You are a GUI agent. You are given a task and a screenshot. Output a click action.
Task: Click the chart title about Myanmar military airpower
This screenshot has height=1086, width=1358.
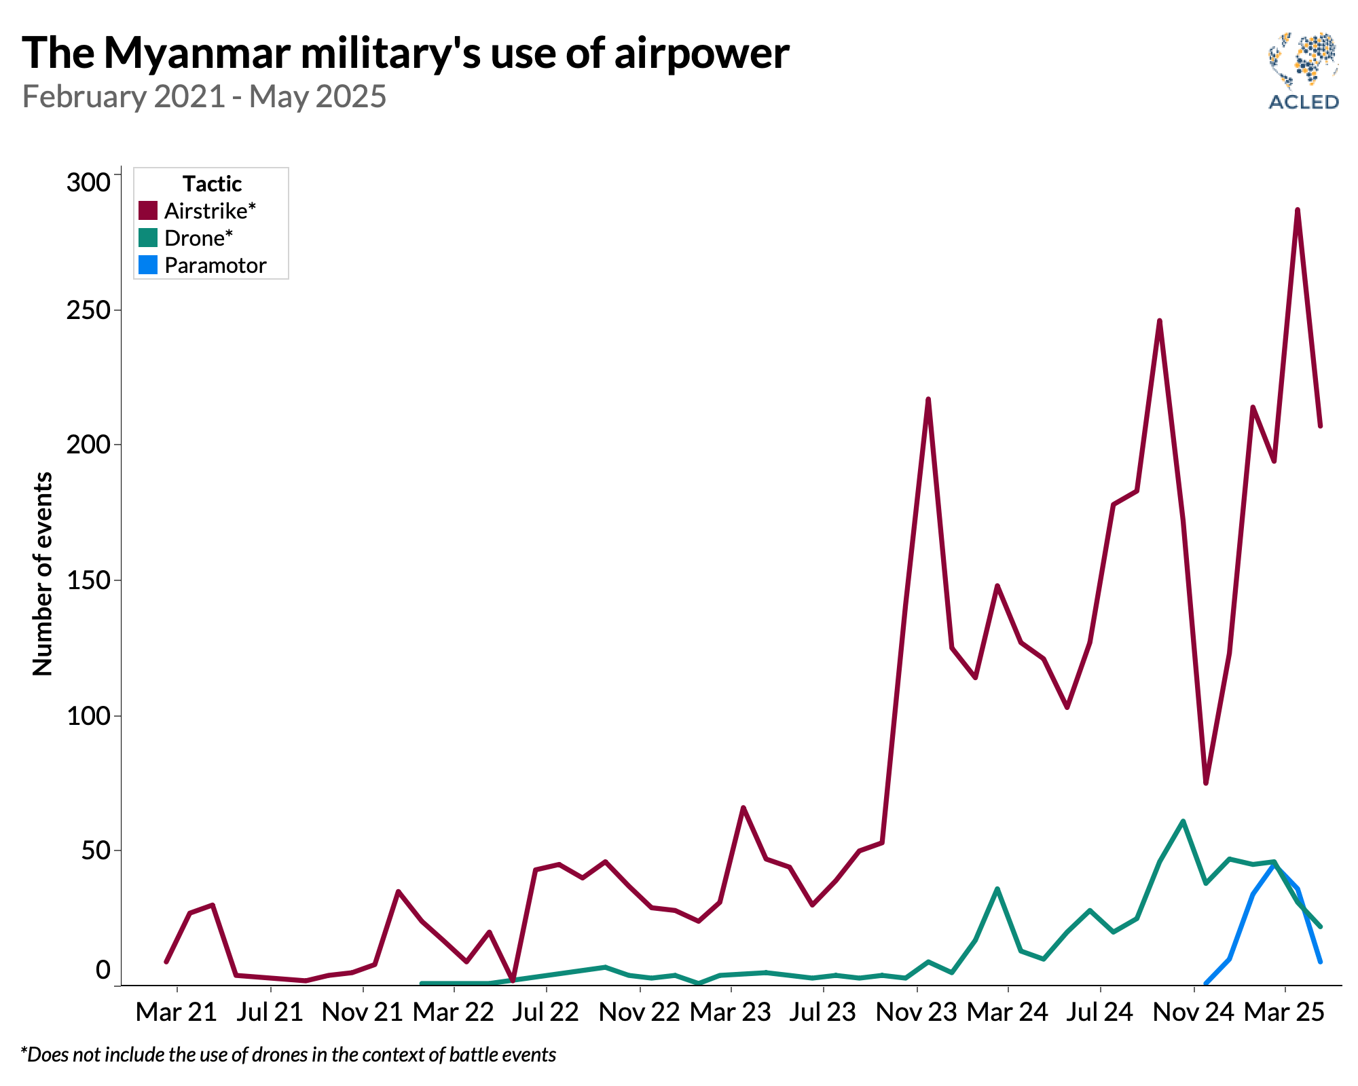pyautogui.click(x=405, y=53)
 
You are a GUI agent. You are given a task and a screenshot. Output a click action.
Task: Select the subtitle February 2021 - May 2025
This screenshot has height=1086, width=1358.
pyautogui.click(x=204, y=96)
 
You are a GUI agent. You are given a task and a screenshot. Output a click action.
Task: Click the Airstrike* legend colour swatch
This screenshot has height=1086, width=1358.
pyautogui.click(x=147, y=210)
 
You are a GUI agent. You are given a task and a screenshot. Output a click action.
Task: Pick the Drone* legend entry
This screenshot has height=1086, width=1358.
pyautogui.click(x=198, y=238)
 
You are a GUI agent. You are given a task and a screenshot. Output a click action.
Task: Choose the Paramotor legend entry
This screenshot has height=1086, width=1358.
pyautogui.click(x=215, y=265)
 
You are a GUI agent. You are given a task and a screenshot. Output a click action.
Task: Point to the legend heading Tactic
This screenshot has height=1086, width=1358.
pyautogui.click(x=212, y=183)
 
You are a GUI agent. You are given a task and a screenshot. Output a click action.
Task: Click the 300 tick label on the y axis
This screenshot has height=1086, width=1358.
pyautogui.click(x=88, y=182)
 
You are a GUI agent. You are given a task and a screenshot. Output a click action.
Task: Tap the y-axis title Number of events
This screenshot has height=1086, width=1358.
pyautogui.click(x=42, y=574)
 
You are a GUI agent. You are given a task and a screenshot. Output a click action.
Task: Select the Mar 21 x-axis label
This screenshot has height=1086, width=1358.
pyautogui.click(x=176, y=1012)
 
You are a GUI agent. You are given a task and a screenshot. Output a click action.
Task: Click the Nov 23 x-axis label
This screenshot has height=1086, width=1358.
pyautogui.click(x=916, y=1012)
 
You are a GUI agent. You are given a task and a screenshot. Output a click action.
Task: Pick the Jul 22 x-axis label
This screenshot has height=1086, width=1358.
pyautogui.click(x=545, y=1012)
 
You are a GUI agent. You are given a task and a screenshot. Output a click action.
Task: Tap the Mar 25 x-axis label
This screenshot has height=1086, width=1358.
pyautogui.click(x=1283, y=1012)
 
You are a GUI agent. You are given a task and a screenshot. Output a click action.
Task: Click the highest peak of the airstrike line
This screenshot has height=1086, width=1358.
pyautogui.click(x=1298, y=210)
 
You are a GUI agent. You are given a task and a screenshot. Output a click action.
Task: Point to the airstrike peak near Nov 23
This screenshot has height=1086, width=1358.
pyautogui.click(x=928, y=399)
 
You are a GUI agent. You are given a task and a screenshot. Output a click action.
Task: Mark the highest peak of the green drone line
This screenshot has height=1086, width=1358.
pyautogui.click(x=1183, y=821)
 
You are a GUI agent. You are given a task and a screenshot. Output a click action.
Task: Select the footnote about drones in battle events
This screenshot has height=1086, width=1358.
pyautogui.click(x=289, y=1054)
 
